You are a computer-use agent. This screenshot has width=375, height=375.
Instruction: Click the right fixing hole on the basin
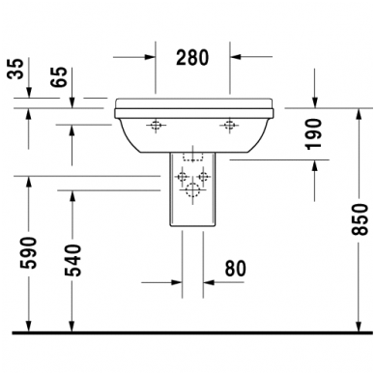(230, 125)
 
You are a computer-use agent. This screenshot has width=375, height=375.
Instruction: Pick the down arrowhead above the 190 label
(315, 101)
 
